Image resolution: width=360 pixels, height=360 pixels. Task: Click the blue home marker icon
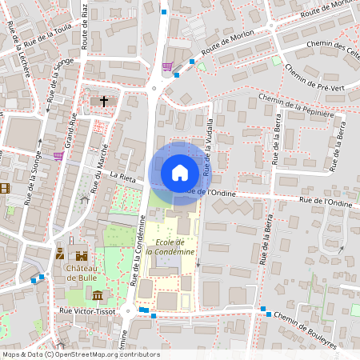coord(180,173)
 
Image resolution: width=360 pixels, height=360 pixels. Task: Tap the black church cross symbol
coord(104,102)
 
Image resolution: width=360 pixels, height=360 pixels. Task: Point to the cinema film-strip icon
coord(6,189)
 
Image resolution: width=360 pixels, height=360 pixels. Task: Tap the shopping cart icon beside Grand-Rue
coord(58,156)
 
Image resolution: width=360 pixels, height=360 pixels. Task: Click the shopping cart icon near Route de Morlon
coord(167,67)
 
